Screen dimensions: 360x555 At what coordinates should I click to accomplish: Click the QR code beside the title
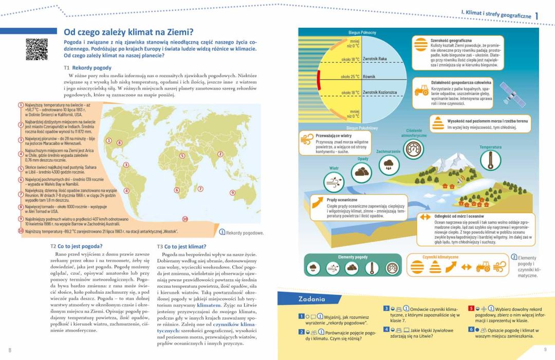click(x=36, y=49)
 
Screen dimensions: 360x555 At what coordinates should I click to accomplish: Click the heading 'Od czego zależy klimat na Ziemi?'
click(x=128, y=32)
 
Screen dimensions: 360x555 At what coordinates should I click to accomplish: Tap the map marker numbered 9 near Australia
click(x=232, y=193)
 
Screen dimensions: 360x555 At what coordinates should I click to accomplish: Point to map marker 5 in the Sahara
click(x=181, y=155)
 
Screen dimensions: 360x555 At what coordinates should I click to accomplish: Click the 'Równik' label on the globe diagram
click(x=369, y=77)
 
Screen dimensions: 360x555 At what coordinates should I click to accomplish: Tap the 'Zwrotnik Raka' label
click(x=375, y=59)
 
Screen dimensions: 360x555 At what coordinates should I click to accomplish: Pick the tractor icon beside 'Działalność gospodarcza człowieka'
click(x=421, y=91)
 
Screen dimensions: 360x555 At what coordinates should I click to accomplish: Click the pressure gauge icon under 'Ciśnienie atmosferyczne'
click(x=414, y=149)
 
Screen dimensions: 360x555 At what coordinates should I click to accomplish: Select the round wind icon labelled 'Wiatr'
click(x=334, y=182)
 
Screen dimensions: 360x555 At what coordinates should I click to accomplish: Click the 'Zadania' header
click(x=312, y=299)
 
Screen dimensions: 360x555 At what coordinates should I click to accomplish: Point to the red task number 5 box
click(x=471, y=308)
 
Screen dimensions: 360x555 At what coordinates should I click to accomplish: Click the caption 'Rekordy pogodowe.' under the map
click(x=245, y=233)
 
